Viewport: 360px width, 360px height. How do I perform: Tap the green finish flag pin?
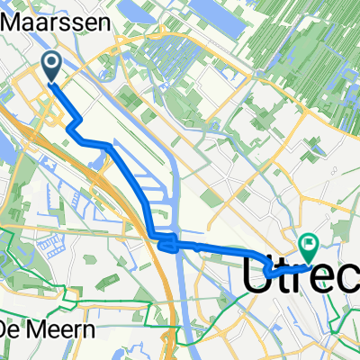click(310, 244)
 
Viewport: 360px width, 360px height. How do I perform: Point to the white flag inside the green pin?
click(310, 242)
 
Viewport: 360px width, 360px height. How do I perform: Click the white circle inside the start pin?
click(51, 62)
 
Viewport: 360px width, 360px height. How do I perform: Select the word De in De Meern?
click(10, 329)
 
